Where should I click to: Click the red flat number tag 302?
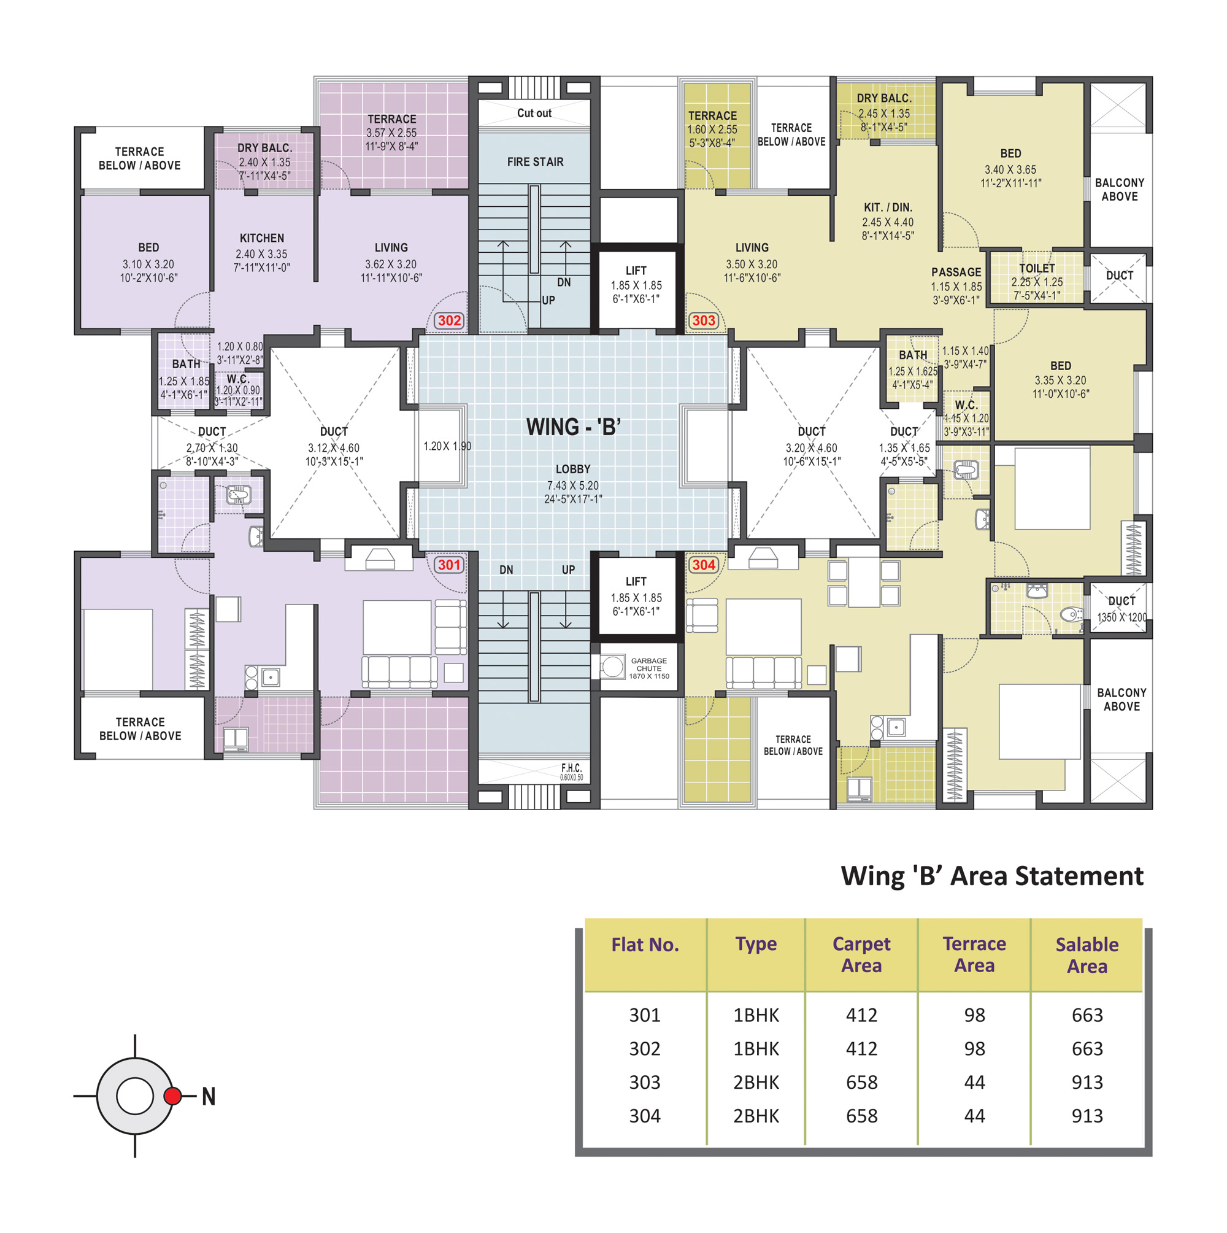[449, 320]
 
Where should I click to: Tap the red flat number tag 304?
[704, 565]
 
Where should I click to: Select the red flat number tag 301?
[449, 565]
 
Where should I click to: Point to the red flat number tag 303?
[704, 320]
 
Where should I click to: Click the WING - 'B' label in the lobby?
[573, 427]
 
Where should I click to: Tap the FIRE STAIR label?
[536, 162]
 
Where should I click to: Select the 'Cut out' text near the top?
[534, 113]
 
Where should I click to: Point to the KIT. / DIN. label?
[888, 207]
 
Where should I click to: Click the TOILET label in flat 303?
[1037, 268]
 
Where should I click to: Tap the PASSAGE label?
[956, 272]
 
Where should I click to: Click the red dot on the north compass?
[172, 1096]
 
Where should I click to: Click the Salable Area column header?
[1087, 955]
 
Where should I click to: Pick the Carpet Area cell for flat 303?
[861, 1083]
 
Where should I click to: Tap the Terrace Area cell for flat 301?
[974, 1015]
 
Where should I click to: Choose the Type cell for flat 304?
[756, 1116]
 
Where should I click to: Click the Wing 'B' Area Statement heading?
[992, 876]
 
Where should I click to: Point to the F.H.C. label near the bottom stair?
[571, 768]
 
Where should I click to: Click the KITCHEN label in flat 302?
[261, 238]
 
